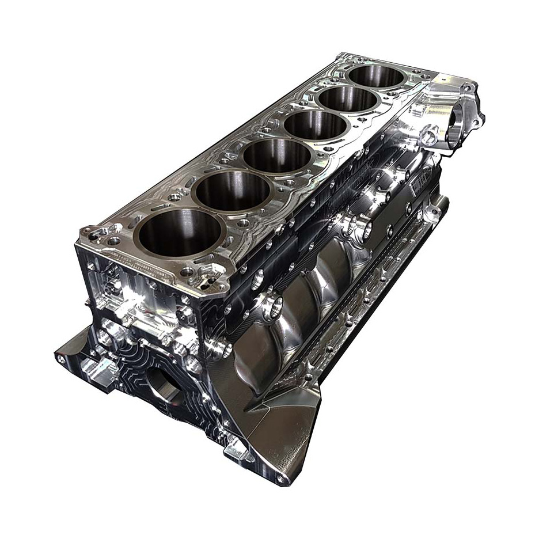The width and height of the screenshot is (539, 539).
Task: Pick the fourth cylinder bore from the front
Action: click(x=315, y=125)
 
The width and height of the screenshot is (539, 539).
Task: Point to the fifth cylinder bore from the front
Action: click(x=347, y=99)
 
